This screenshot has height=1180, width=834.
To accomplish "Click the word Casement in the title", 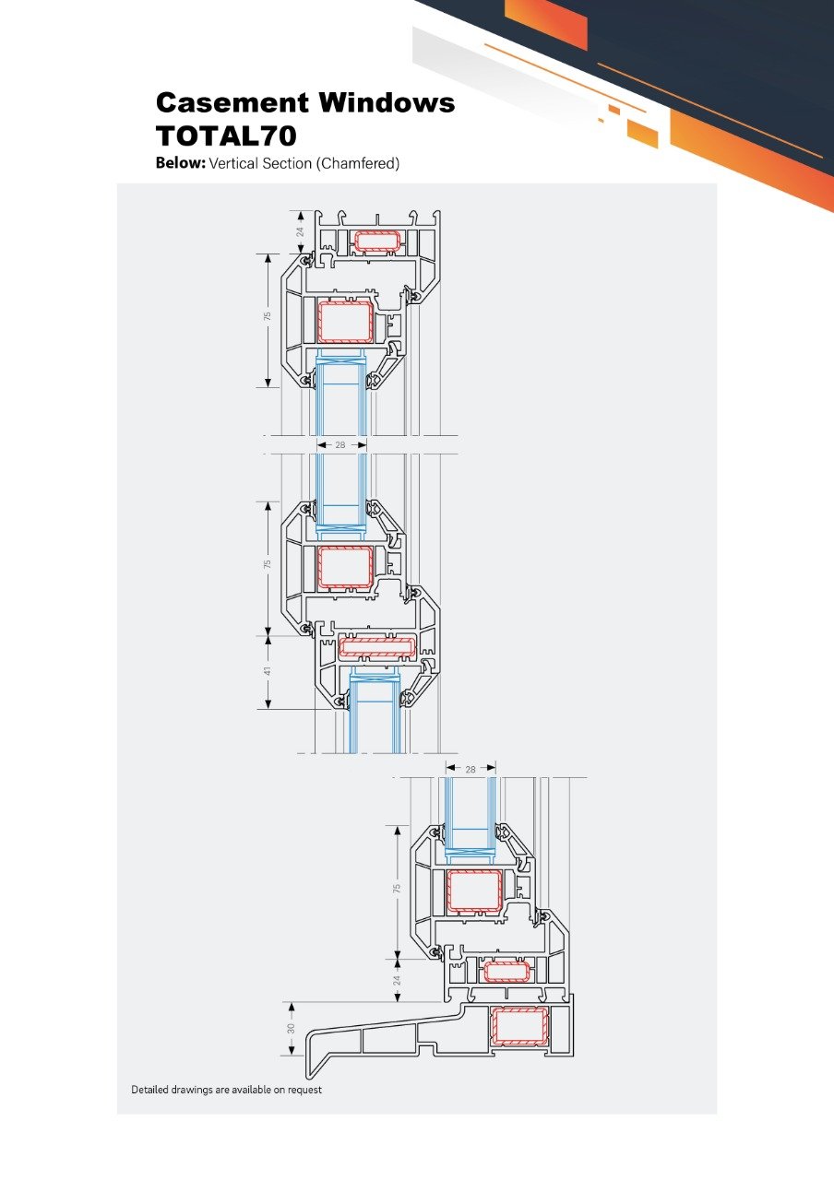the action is (232, 102).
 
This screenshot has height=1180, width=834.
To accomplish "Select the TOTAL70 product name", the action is (226, 136).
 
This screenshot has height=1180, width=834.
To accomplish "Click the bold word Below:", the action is (180, 163).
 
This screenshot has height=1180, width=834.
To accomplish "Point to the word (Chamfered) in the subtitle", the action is (357, 163).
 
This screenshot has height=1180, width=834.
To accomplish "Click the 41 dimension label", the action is (268, 672).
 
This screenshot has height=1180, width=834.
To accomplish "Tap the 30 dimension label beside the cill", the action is (291, 1028).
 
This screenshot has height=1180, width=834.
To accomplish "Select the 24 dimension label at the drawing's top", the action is (301, 231).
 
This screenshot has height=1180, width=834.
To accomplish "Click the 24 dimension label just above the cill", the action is (397, 980).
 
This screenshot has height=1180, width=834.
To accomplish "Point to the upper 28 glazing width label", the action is (340, 445).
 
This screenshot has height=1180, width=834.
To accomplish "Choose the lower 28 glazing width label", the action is (471, 770).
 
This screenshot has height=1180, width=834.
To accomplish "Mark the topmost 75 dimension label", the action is (268, 316).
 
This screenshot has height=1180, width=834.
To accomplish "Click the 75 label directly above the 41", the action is (268, 564).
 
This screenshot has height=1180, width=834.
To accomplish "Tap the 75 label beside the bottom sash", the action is (397, 888).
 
